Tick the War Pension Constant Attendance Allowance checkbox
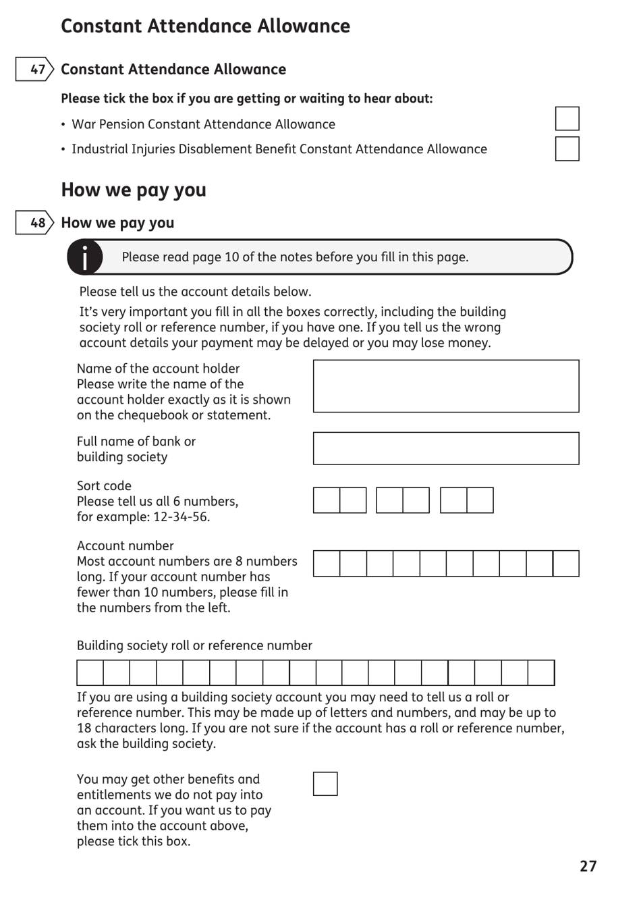coord(567,119)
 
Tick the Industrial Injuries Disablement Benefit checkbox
coord(567,149)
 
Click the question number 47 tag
coord(34,69)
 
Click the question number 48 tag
coord(34,223)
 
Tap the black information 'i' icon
coord(85,257)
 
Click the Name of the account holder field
coord(445,386)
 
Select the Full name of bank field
coord(445,448)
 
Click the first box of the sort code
coord(327,500)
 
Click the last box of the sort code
coord(480,500)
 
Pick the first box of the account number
coord(327,564)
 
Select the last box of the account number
coord(565,564)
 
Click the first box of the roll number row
coord(90,673)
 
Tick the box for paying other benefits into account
coord(325,784)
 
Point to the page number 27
coord(588,866)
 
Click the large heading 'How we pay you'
coord(134,190)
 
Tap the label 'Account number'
coord(125,545)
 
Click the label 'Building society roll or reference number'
coord(194,645)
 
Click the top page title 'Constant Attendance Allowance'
coord(205,26)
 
